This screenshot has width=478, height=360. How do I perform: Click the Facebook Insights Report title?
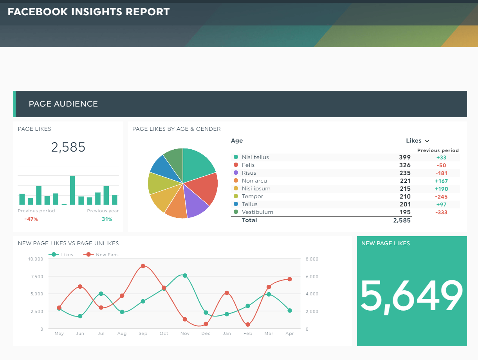click(88, 12)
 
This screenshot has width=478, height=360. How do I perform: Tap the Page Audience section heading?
click(63, 104)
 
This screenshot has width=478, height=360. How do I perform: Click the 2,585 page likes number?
click(68, 147)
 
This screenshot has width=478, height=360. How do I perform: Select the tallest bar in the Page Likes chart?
click(72, 190)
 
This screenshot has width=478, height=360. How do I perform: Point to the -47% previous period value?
click(31, 219)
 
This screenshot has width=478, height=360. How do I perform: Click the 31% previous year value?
click(107, 219)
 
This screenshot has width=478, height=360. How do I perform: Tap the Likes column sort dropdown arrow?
click(427, 141)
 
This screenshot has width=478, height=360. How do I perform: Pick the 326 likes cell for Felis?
click(405, 165)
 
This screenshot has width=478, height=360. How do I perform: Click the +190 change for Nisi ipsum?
click(441, 188)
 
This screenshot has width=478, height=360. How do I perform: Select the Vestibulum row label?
click(257, 212)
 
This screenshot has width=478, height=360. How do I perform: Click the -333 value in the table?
click(441, 212)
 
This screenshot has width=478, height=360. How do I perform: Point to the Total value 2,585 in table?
click(402, 220)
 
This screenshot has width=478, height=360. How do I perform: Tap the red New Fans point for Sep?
click(143, 266)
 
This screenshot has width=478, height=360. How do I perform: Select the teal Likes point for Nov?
click(185, 276)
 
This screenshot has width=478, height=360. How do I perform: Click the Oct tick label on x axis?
click(164, 333)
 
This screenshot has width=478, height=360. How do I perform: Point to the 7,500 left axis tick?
click(36, 277)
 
